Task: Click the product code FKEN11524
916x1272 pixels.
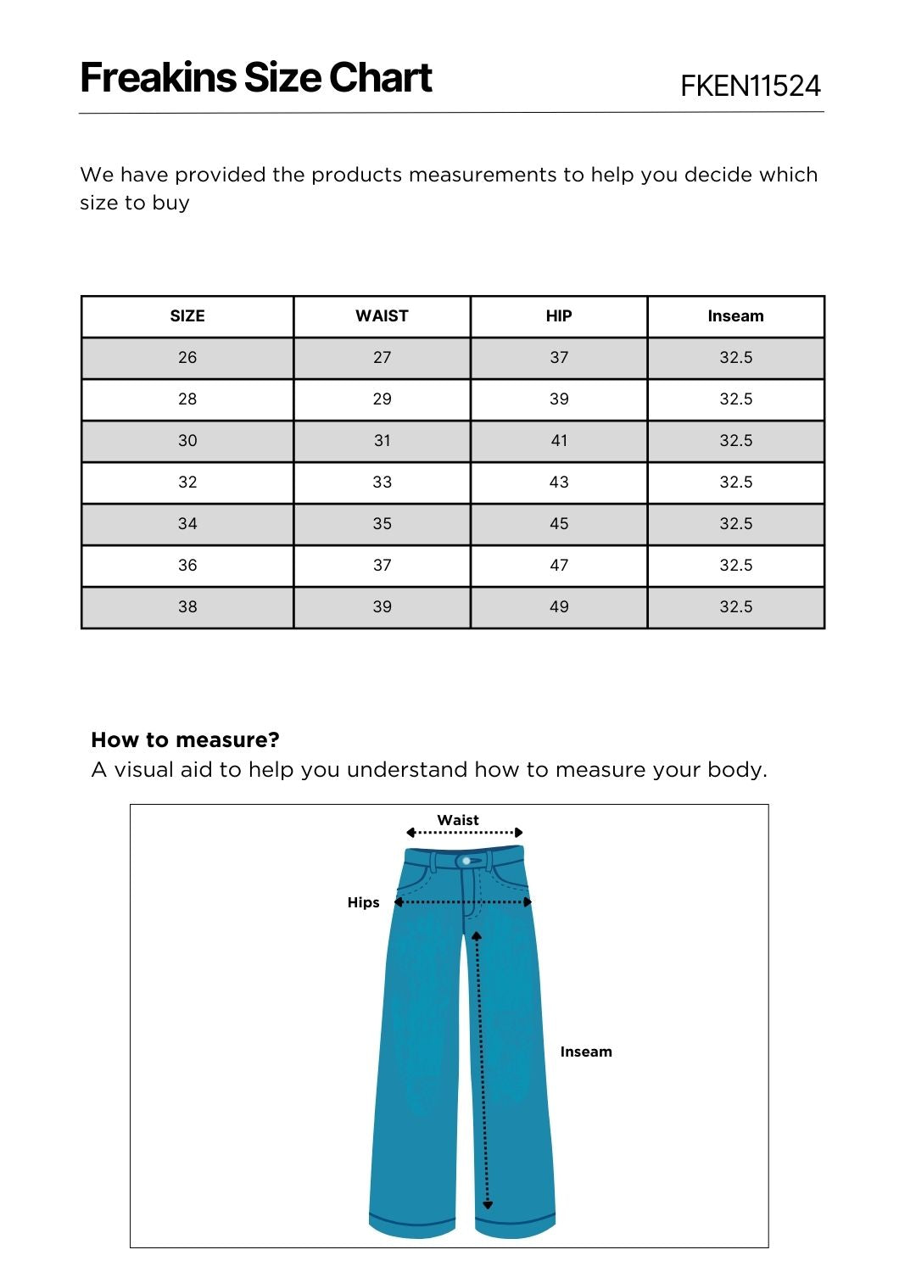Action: tap(750, 86)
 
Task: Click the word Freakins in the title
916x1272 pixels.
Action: tap(158, 78)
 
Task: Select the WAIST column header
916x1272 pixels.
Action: tap(382, 316)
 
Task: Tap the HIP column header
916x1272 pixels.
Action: tap(559, 316)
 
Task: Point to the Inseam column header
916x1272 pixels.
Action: tap(735, 316)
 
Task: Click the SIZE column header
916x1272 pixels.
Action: tap(187, 316)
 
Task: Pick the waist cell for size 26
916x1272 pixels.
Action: tap(382, 358)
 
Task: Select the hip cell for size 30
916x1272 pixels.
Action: tap(559, 441)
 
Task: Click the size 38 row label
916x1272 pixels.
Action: tap(187, 607)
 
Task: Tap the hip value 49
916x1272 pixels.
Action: tap(559, 607)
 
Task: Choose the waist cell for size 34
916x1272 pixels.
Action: tap(382, 524)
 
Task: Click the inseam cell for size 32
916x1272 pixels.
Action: tap(735, 483)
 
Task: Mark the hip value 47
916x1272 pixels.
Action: tap(559, 566)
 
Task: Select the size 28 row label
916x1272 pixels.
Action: tap(187, 399)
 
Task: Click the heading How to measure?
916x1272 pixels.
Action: tap(185, 739)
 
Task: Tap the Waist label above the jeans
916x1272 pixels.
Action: tap(458, 820)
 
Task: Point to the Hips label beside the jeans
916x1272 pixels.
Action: tap(363, 902)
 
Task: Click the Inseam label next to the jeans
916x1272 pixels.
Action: tap(585, 1052)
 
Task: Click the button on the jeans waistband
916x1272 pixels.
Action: tap(466, 861)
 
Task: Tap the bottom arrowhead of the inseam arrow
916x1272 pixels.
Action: tap(488, 1204)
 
